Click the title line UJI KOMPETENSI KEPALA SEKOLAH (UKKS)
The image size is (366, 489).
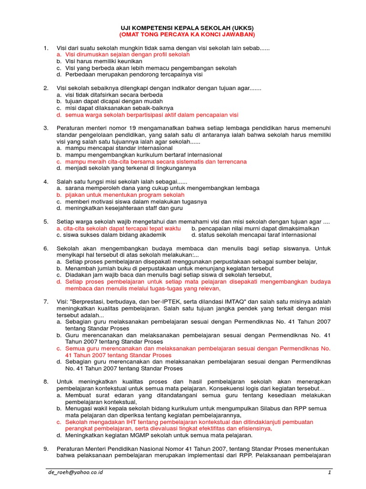click(187, 28)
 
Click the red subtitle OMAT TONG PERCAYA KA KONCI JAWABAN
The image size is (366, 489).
click(187, 35)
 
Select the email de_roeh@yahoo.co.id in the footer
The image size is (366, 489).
click(75, 472)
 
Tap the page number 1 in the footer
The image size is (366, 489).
click(329, 472)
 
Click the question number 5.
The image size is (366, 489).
click(46, 222)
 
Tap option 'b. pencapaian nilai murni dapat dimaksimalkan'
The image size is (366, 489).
click(255, 229)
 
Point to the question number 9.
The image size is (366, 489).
click(46, 448)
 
